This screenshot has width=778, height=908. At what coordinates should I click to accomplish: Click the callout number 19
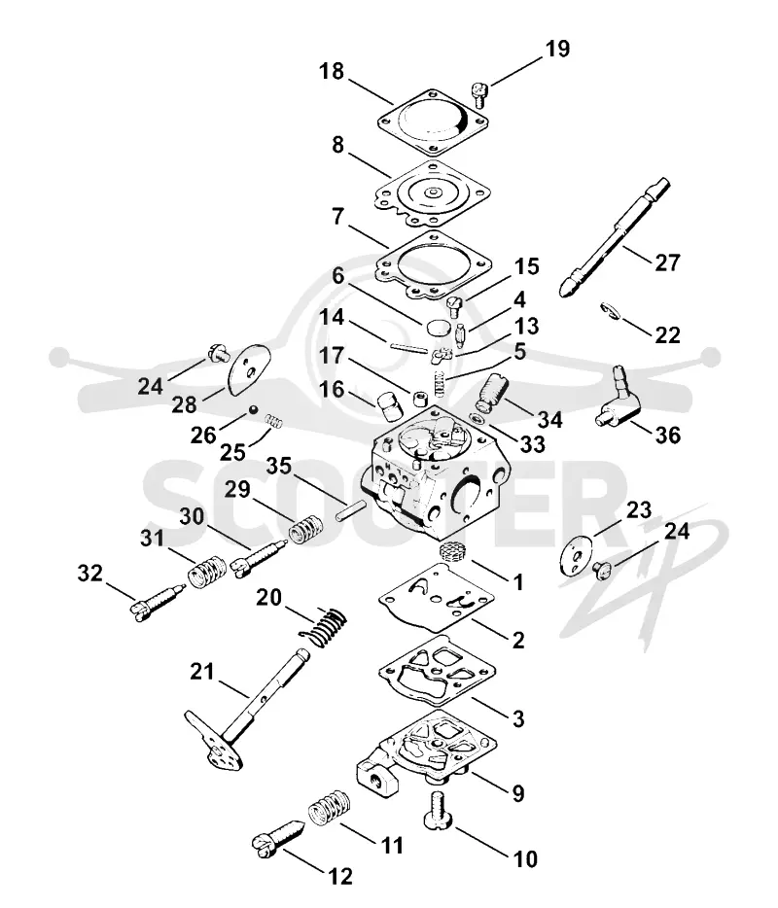point(557,49)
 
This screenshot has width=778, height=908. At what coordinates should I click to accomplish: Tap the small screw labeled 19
point(479,94)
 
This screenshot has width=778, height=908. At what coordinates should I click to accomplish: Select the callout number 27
point(667,262)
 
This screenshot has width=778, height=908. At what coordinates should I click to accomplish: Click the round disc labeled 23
point(577,555)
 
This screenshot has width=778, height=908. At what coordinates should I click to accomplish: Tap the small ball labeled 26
point(253,410)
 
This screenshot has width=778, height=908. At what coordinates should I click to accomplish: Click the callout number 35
point(279,466)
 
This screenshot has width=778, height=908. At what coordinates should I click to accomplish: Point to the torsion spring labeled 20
point(323,626)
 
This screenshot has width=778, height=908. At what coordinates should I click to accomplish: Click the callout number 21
point(202,672)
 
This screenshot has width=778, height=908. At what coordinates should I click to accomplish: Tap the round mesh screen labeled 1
point(454,550)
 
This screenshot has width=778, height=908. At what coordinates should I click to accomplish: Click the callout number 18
point(332,72)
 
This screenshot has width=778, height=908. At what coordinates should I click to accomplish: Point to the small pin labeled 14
point(409,347)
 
